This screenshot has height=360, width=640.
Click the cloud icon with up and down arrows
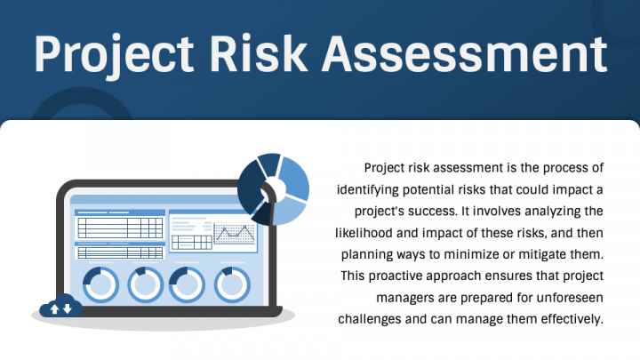(x=60, y=308)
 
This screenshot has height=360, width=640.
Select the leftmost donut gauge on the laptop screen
(x=100, y=284)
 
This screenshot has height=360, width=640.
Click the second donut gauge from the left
(x=145, y=284)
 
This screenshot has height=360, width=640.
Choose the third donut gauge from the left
(x=188, y=284)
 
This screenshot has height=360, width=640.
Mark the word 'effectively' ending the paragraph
(x=567, y=317)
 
